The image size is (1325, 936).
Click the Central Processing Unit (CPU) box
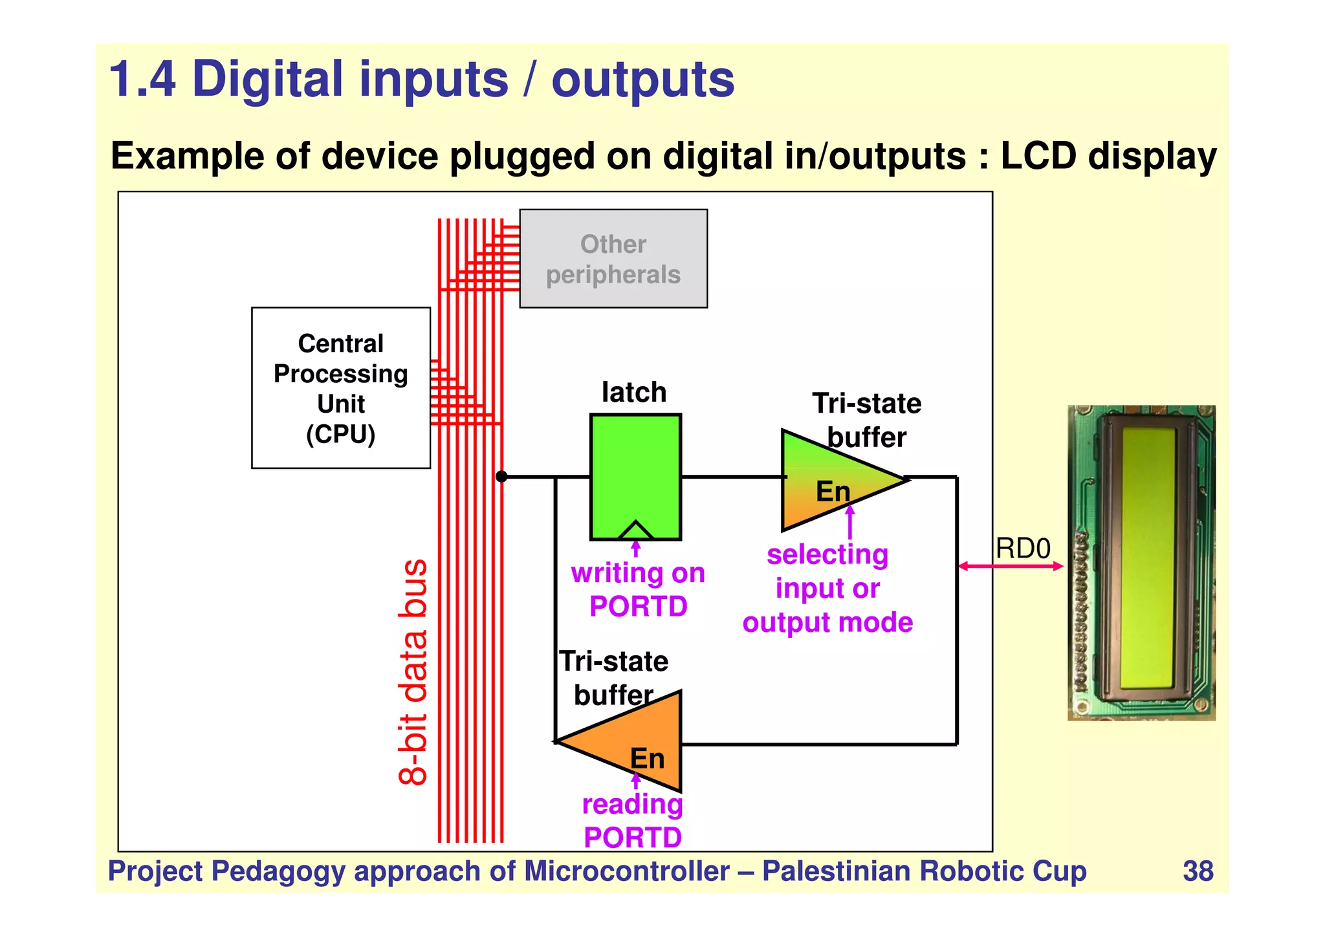click(340, 387)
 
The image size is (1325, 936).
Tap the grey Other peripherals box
click(613, 258)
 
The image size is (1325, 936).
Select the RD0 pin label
click(1022, 549)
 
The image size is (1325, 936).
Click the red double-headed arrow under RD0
click(1010, 566)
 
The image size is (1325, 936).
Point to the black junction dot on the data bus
click(501, 477)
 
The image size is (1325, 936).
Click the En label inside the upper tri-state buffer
click(833, 492)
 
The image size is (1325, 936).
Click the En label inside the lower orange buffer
click(647, 758)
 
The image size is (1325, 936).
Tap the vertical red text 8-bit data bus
click(413, 672)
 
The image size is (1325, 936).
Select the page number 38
click(1198, 871)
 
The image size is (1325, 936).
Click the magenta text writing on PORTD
click(638, 589)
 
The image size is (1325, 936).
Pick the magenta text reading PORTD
click(632, 821)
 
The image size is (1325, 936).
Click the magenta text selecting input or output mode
click(827, 588)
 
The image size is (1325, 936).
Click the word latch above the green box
click(633, 392)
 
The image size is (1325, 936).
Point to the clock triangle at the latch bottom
click(635, 530)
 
